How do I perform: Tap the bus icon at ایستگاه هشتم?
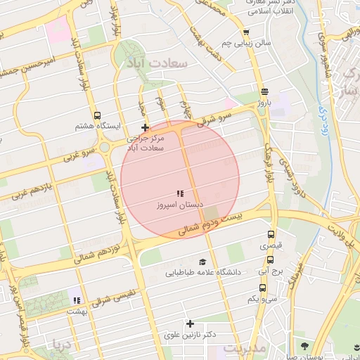96,115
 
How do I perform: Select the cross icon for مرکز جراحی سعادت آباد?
146,127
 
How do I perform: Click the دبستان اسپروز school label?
180,205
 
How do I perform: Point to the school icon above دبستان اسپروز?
180,193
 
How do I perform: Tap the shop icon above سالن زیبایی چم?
245,32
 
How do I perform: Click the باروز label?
264,103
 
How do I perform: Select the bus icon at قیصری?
271,235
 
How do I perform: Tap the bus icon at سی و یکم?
263,288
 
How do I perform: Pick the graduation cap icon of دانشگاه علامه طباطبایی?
202,262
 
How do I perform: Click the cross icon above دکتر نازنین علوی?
189,323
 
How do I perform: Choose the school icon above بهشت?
77,300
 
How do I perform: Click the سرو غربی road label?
79,153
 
